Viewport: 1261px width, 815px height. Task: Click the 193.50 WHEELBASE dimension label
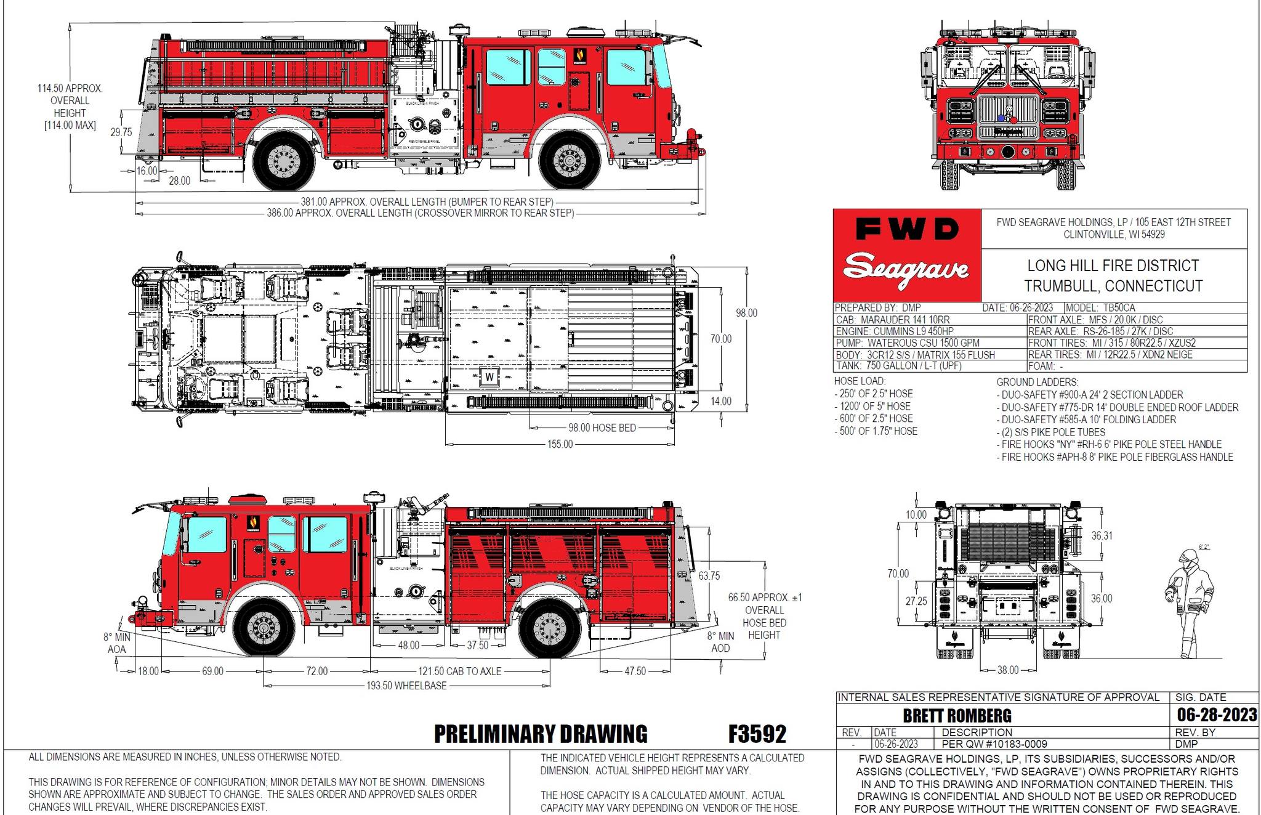click(x=406, y=685)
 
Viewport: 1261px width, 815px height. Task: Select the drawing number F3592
click(x=757, y=734)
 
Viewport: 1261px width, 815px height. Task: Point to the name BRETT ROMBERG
click(x=957, y=715)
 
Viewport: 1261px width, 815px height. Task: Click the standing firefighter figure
click(x=1190, y=604)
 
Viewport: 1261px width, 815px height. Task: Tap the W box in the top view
click(x=489, y=377)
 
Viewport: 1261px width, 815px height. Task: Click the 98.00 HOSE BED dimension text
click(x=602, y=428)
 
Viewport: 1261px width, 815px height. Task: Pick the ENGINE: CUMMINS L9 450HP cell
click(x=895, y=331)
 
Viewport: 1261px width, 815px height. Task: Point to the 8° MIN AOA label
click(x=116, y=643)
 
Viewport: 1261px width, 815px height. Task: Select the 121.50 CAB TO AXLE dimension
click(x=460, y=671)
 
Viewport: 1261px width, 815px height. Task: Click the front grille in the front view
click(x=1008, y=116)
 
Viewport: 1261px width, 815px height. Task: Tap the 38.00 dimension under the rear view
click(x=1007, y=670)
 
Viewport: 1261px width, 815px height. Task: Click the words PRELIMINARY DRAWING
click(x=541, y=734)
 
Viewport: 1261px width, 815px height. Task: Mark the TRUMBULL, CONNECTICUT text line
click(x=1113, y=286)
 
